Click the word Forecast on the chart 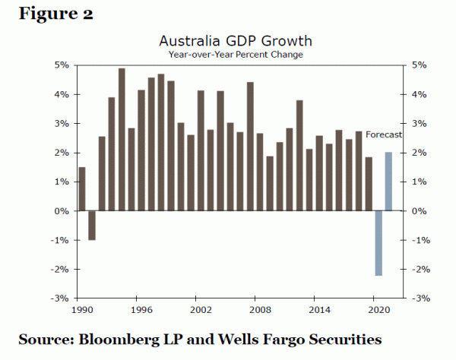click(383, 134)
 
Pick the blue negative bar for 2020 click(378, 243)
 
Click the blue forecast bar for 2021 click(388, 182)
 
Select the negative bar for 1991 click(92, 226)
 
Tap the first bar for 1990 click(82, 189)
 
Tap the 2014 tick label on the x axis click(320, 310)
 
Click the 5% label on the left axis click(62, 65)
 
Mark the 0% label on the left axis click(62, 211)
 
